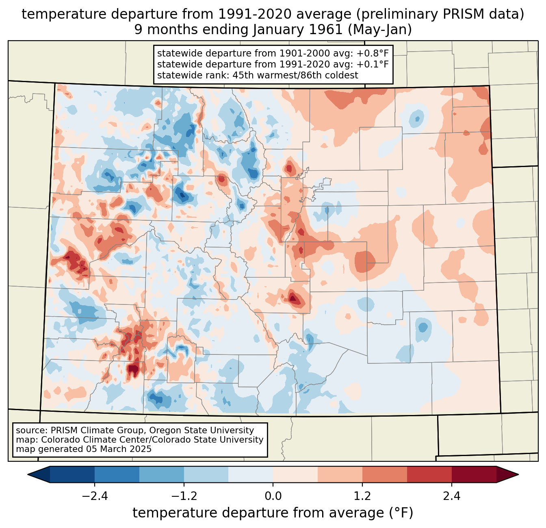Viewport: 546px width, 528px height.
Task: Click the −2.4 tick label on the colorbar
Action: click(95, 496)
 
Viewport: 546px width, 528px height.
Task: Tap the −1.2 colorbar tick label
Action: click(184, 496)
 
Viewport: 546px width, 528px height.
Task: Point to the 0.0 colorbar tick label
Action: click(273, 496)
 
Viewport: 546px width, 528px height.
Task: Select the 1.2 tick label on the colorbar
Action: click(362, 496)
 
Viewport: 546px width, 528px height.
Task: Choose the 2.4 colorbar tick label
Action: click(451, 496)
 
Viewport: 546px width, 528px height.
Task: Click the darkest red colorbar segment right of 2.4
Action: click(474, 474)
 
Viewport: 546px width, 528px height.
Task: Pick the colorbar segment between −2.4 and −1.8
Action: click(117, 474)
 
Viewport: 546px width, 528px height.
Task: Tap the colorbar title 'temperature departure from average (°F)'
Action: click(273, 513)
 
